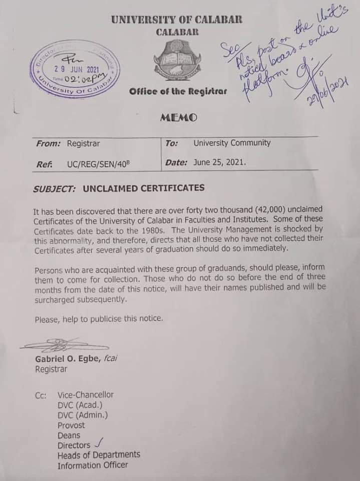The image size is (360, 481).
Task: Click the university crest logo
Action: [177, 62]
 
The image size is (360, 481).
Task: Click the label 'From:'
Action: [49, 143]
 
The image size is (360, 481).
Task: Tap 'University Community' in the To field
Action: [232, 143]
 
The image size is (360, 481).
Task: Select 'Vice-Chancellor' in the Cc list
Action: [86, 395]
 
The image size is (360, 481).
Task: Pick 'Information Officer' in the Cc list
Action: [93, 465]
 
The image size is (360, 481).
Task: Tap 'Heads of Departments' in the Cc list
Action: [99, 455]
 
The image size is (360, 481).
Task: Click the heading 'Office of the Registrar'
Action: [178, 91]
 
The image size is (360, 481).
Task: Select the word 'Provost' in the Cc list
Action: [71, 425]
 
